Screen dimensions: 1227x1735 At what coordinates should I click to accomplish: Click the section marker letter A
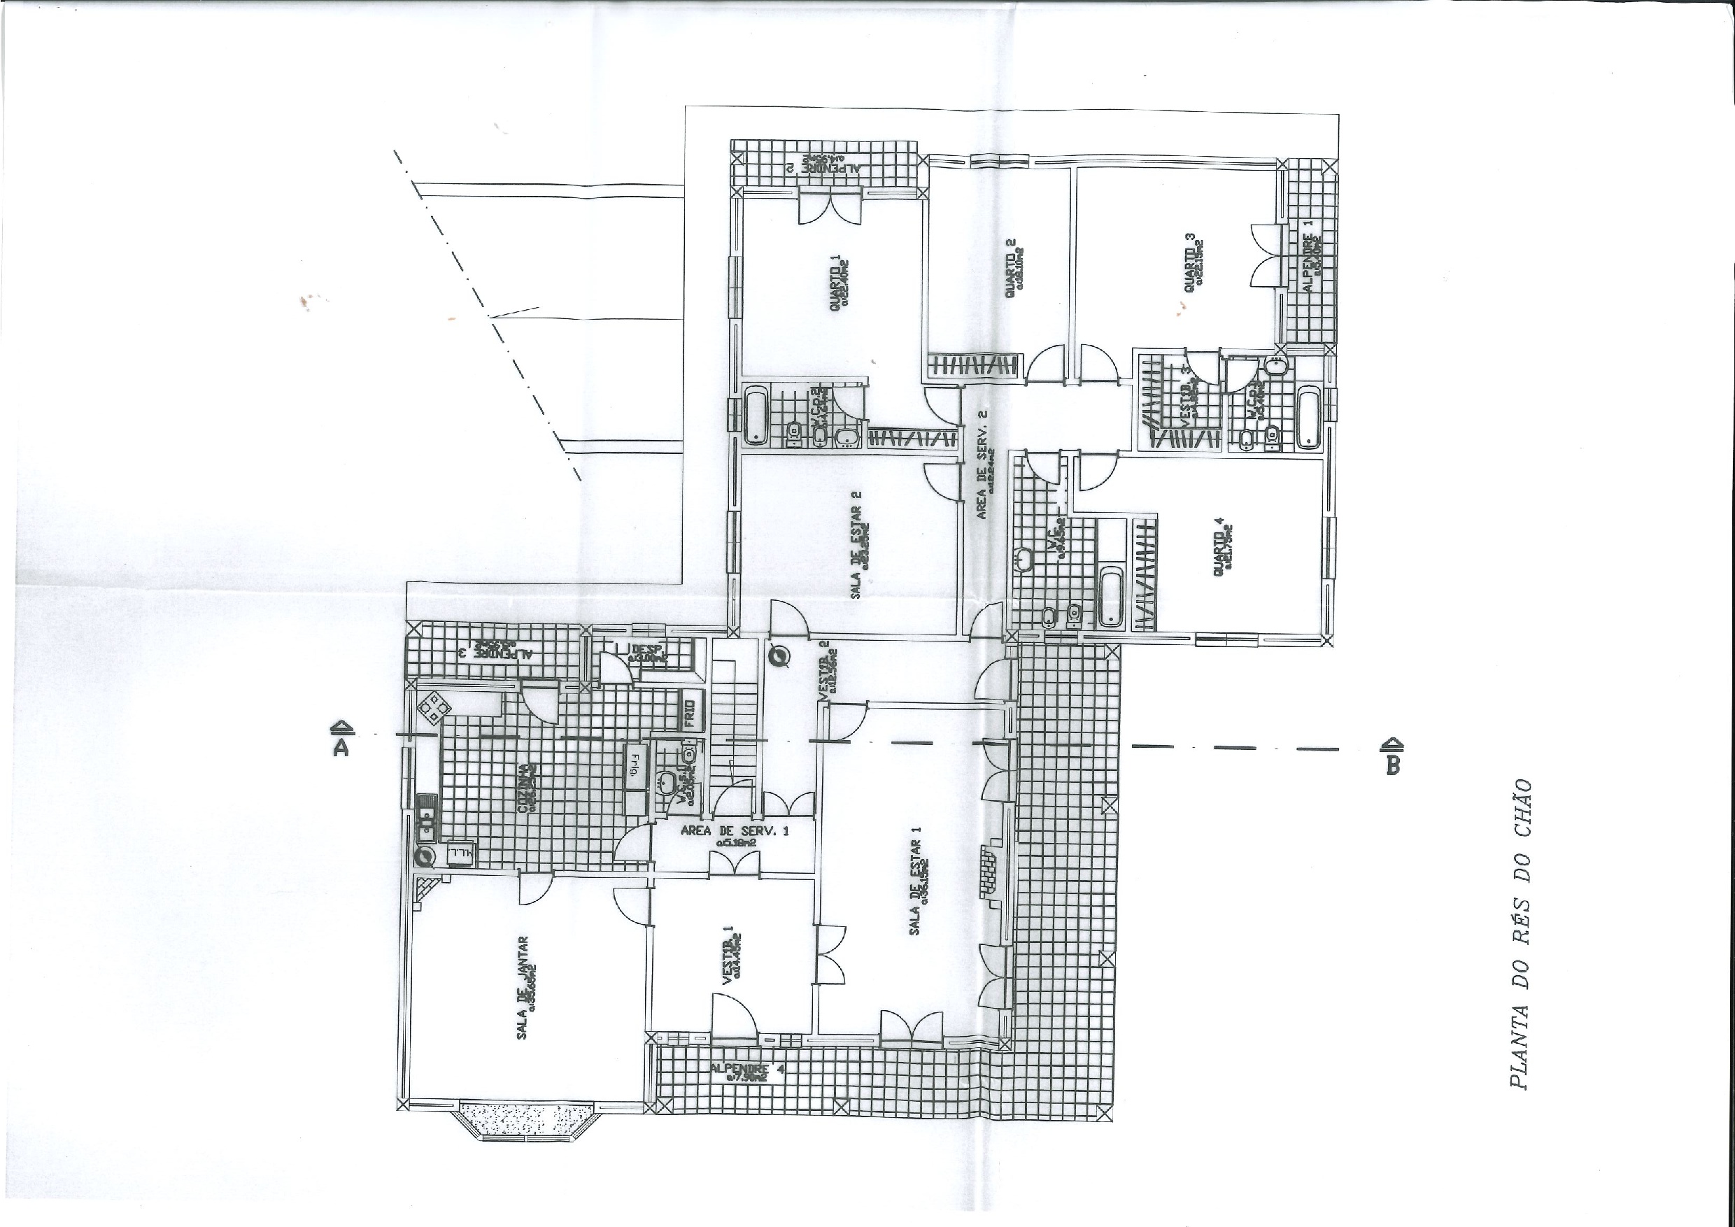tap(341, 747)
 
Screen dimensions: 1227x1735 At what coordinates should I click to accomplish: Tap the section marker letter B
tap(1394, 765)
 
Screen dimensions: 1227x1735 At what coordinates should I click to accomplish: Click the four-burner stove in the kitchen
tap(435, 708)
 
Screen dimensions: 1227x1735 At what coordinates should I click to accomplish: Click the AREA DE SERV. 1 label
tap(734, 831)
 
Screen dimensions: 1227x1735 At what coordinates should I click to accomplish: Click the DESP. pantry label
tap(647, 651)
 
